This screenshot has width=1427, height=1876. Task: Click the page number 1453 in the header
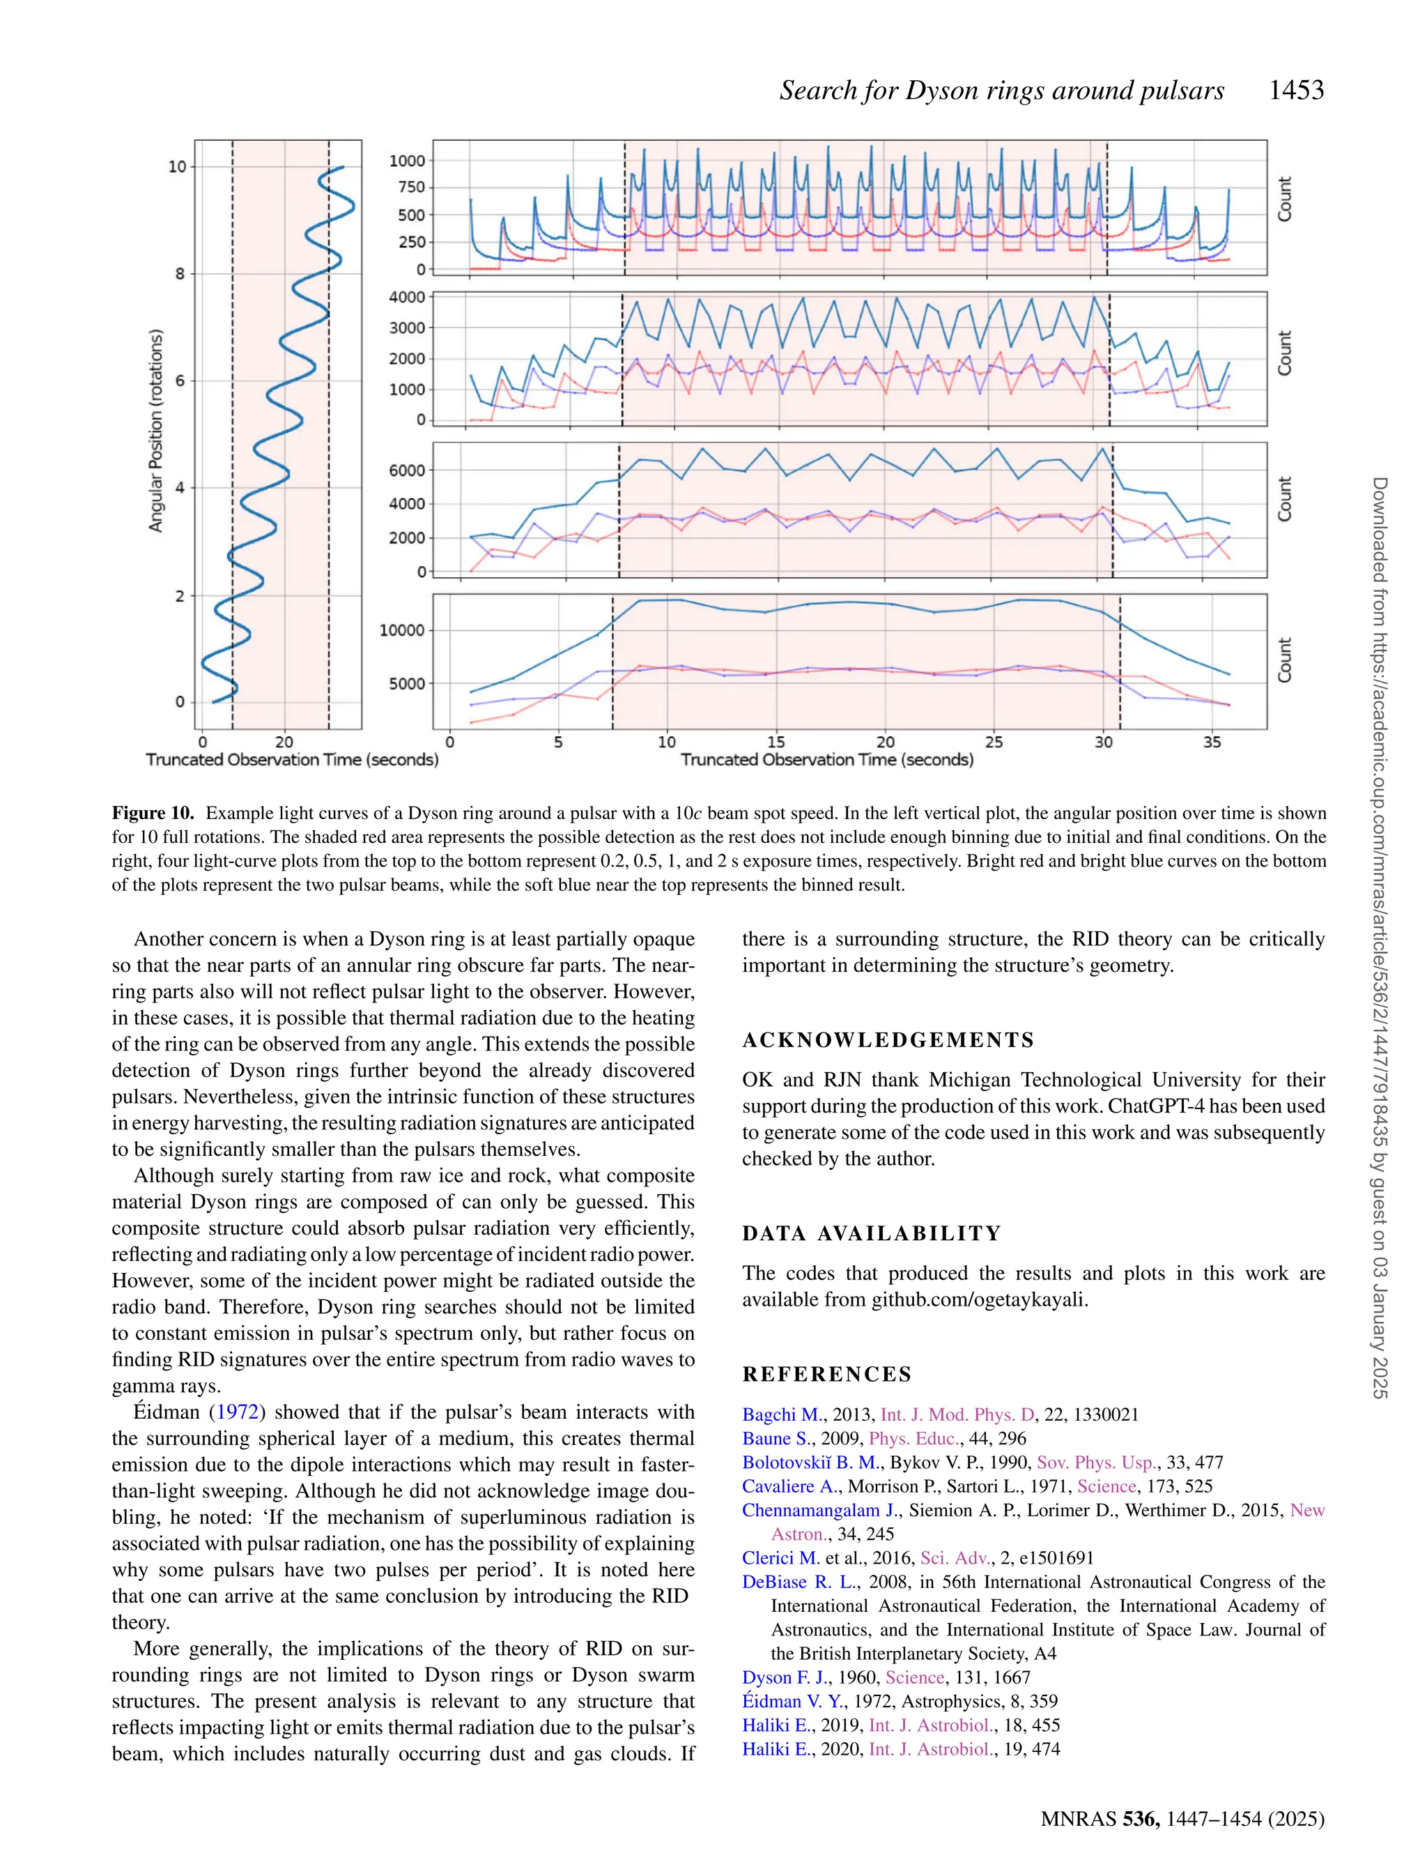[1295, 90]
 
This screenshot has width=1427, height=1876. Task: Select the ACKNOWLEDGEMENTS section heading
[888, 1040]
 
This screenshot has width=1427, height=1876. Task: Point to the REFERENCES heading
[827, 1375]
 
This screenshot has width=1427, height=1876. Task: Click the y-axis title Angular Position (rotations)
[155, 432]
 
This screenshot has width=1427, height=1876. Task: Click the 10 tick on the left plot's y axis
[177, 167]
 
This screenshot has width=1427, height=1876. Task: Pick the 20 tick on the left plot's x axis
[284, 742]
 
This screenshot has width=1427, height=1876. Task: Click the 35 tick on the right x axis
[1212, 742]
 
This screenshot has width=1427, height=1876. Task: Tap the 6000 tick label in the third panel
[407, 471]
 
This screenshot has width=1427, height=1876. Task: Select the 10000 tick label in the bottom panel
[402, 630]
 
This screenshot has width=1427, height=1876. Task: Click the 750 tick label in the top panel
[411, 188]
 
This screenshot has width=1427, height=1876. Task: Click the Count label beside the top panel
[1285, 199]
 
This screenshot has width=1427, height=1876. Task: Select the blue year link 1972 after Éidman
[238, 1413]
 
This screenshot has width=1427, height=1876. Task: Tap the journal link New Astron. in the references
[1306, 1511]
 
